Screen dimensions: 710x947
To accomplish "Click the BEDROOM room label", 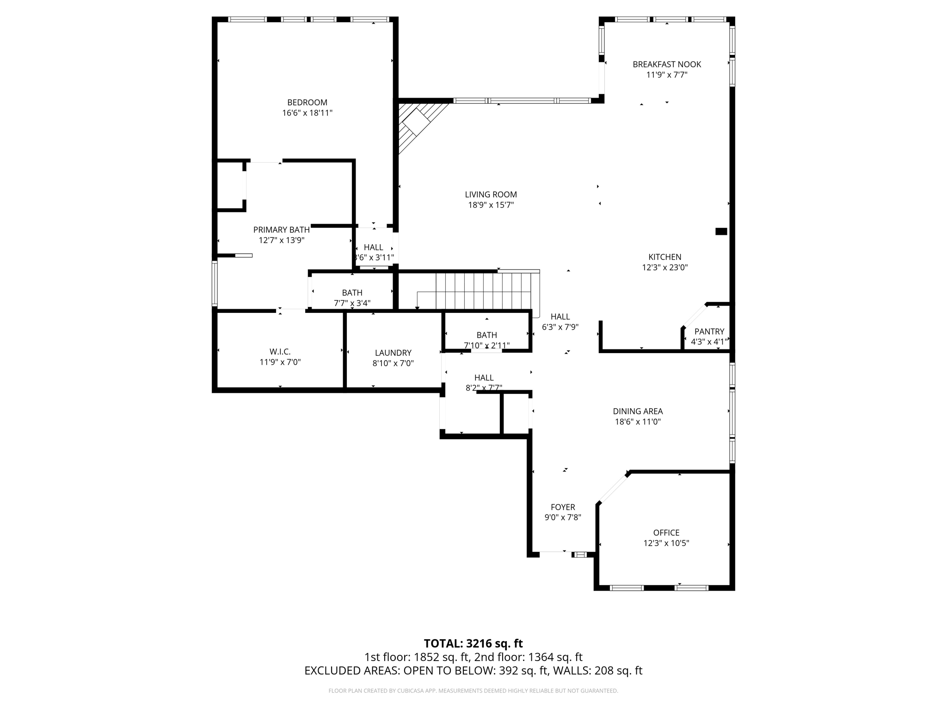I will [x=307, y=103].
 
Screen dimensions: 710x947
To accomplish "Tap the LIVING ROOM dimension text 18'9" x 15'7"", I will [x=491, y=205].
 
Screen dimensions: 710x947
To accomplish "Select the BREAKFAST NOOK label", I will [x=666, y=65].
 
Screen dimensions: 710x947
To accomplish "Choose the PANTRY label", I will [x=709, y=331].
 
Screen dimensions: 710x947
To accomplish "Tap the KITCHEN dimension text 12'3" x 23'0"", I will [x=664, y=267].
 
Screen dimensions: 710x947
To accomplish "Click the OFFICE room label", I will [x=666, y=532].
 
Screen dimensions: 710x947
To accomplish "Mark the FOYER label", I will [x=562, y=507].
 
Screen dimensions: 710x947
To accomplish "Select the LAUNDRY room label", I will [x=393, y=353].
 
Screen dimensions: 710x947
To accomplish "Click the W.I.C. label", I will [x=280, y=352].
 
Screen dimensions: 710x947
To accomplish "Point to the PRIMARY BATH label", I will [x=281, y=230].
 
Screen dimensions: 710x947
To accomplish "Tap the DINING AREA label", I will [x=637, y=411].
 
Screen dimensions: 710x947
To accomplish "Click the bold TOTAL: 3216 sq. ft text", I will [x=473, y=643].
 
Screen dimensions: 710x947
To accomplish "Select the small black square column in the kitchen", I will [x=720, y=232].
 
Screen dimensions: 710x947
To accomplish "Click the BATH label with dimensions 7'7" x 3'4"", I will [x=352, y=293].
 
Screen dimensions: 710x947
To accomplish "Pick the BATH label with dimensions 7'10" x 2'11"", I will [x=486, y=335].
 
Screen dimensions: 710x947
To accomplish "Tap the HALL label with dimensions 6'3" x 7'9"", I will [x=560, y=317].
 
